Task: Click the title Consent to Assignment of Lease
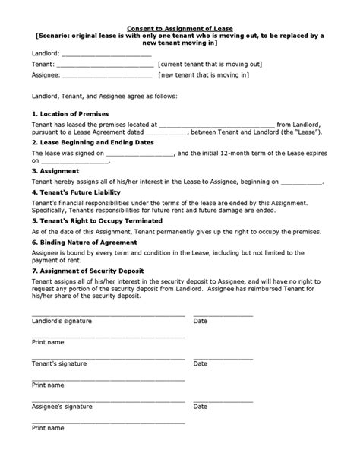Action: (x=180, y=24)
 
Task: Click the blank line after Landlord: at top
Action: (x=106, y=55)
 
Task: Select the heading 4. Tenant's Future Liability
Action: (x=73, y=192)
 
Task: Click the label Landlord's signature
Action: (x=62, y=321)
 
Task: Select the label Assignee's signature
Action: (x=61, y=407)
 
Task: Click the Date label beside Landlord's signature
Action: (x=201, y=321)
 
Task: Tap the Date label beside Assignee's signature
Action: (x=201, y=407)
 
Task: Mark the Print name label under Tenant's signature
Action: (x=48, y=385)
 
